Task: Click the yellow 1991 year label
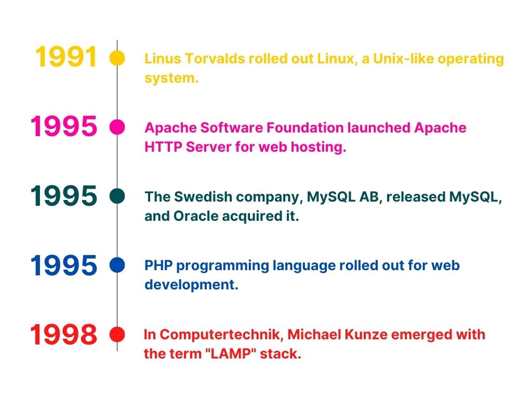tap(66, 57)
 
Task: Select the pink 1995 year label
tap(63, 126)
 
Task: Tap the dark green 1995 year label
tap(63, 196)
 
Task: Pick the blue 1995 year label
tap(63, 265)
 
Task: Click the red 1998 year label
tap(63, 335)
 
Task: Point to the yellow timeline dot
tap(117, 58)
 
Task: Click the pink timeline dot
tap(117, 127)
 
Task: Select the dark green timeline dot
tap(117, 196)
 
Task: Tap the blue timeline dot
tap(117, 265)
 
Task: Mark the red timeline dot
tap(117, 335)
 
